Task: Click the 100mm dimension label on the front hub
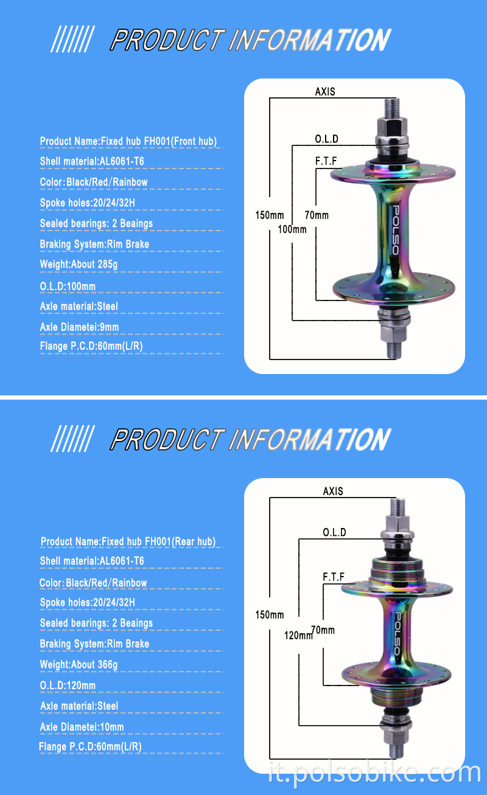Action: point(292,229)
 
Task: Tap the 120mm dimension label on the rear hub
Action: point(298,636)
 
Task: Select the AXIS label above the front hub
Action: point(325,92)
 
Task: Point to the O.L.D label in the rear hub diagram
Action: point(334,532)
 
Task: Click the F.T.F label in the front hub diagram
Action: point(326,162)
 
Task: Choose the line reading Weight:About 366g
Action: point(79,664)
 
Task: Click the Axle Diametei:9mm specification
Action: point(79,327)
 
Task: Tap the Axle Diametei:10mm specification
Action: point(82,727)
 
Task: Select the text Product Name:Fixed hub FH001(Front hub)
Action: point(128,141)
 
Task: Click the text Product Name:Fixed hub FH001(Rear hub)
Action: point(128,541)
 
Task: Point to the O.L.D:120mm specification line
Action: point(68,686)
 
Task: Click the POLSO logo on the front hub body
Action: point(393,232)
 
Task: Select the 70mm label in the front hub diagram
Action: point(317,215)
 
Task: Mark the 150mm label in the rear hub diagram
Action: point(269,615)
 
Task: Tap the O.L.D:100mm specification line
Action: point(68,286)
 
